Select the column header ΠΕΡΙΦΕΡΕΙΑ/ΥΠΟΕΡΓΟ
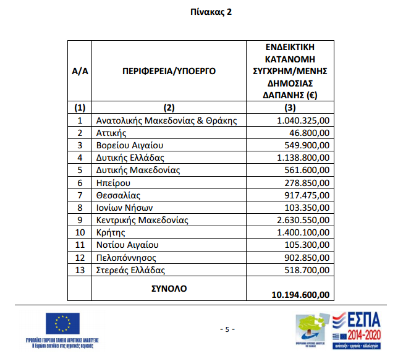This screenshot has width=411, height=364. [169, 71]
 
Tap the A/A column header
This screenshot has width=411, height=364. [80, 71]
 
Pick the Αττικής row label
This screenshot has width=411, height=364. [112, 133]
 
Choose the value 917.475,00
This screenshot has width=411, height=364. [307, 195]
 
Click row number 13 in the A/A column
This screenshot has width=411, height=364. [80, 270]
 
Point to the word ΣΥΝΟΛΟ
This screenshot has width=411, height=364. [169, 288]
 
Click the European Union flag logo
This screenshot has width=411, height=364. [62, 323]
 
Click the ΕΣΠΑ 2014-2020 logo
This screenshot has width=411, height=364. [358, 329]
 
